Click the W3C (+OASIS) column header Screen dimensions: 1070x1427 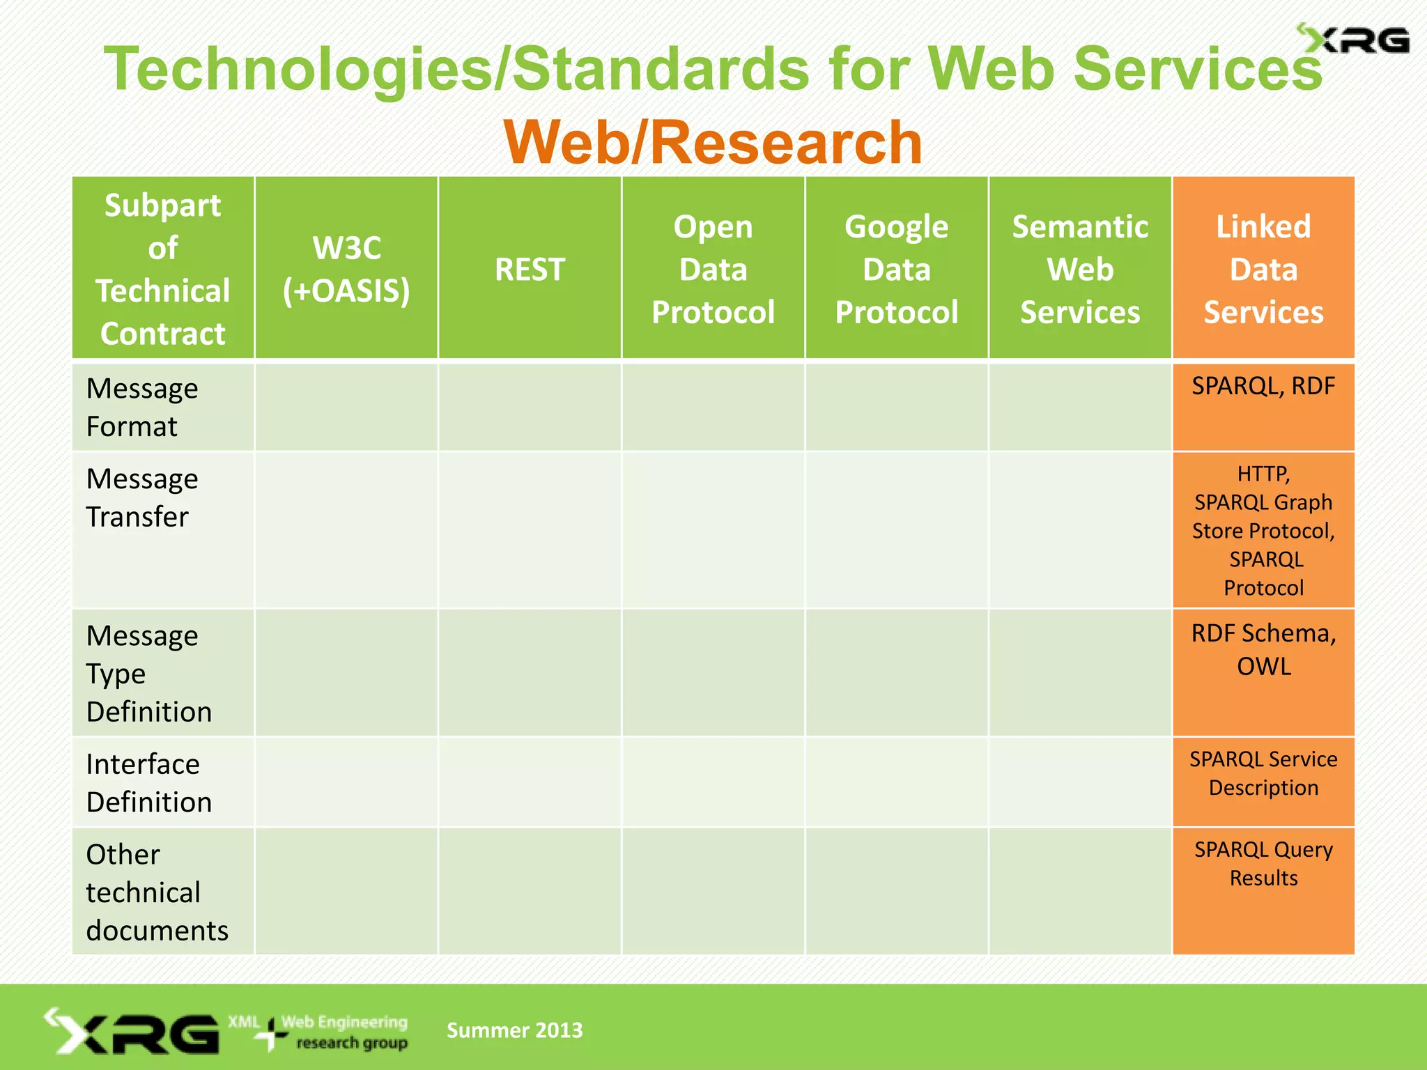point(346,269)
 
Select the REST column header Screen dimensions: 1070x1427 point(530,269)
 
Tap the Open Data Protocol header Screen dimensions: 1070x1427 point(713,269)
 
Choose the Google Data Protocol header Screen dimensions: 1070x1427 point(896,269)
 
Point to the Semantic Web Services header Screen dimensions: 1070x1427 point(1080,269)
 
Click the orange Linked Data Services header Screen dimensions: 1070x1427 point(1263,269)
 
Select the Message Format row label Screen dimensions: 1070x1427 point(142,407)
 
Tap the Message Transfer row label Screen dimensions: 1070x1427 point(142,497)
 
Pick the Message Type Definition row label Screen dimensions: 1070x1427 point(148,673)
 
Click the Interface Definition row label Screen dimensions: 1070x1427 point(148,782)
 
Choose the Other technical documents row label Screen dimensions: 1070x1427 point(157,892)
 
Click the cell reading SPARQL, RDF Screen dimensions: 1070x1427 point(1263,386)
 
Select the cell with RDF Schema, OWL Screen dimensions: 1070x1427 point(1263,649)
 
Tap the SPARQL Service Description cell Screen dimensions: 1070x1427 point(1263,773)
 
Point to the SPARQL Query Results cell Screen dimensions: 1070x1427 point(1263,864)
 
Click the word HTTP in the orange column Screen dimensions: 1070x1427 point(1263,474)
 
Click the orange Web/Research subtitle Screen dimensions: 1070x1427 point(713,142)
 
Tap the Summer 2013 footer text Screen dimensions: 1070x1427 point(514,1030)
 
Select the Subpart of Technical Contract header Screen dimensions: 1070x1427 point(162,269)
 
